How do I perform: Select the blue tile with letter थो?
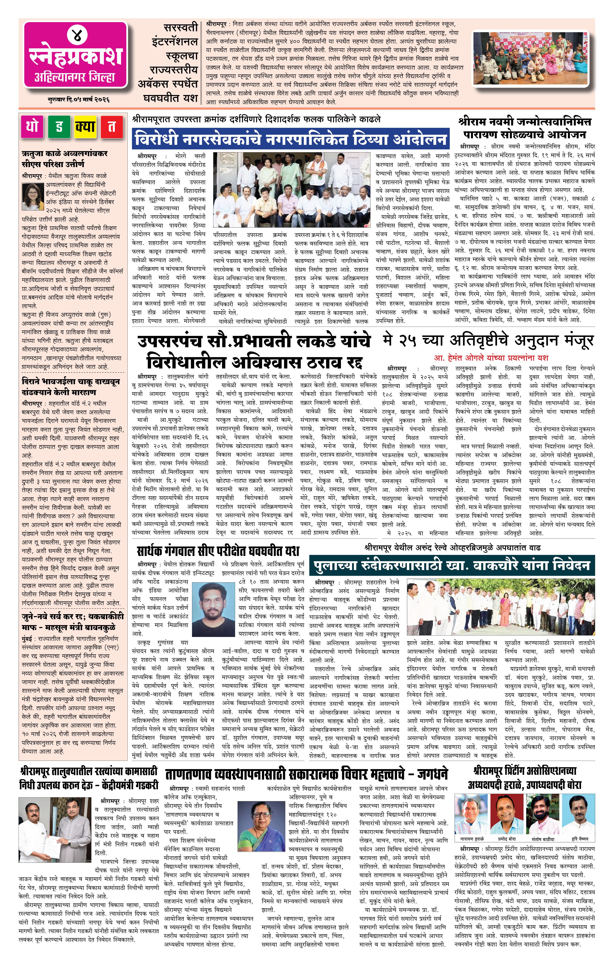click(32, 127)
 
